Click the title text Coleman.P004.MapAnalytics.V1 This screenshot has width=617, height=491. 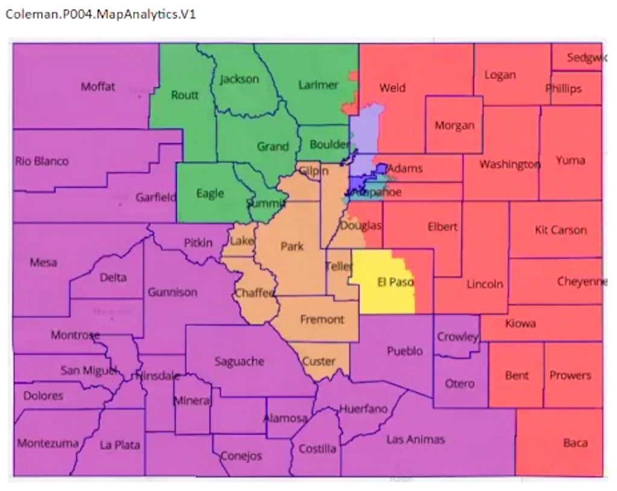click(100, 14)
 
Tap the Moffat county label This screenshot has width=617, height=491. click(98, 87)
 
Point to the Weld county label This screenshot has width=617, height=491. click(392, 88)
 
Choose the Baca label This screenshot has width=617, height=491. click(575, 443)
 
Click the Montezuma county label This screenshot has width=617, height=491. click(48, 444)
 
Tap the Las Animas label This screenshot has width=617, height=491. click(415, 439)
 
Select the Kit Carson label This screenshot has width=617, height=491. click(560, 230)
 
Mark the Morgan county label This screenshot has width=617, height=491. click(454, 125)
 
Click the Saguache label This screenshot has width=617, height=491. click(239, 361)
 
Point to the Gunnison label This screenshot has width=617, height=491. click(172, 293)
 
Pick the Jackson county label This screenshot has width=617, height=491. click(239, 79)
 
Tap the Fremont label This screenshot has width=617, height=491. click(322, 320)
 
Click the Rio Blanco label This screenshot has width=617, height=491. click(42, 162)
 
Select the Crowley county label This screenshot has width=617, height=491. click(457, 337)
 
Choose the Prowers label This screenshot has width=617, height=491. click(569, 375)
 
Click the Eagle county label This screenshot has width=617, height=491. click(210, 194)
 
